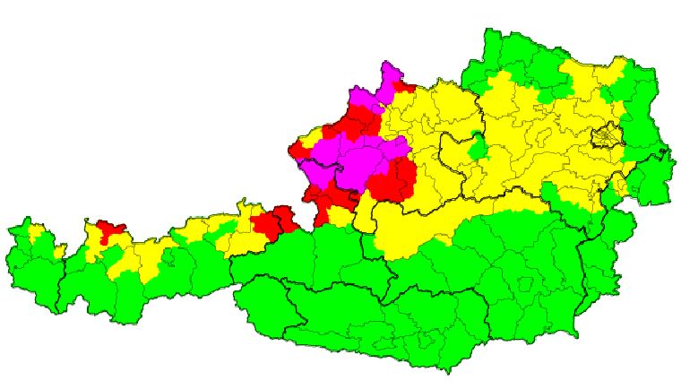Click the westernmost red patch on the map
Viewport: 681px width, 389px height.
[x=110, y=230]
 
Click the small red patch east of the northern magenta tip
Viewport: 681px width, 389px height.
[x=402, y=89]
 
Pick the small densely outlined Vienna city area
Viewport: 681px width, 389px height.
[x=607, y=136]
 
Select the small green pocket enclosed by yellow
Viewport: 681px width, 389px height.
[x=478, y=143]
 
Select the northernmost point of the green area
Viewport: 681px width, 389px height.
[x=491, y=30]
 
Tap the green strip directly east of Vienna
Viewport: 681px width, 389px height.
[x=638, y=134]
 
